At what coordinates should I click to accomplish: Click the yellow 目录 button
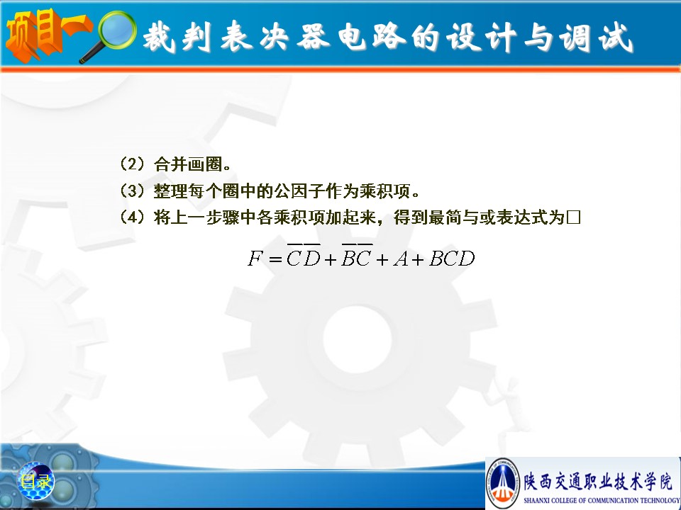pyautogui.click(x=36, y=482)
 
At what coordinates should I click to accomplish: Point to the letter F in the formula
pyautogui.click(x=255, y=259)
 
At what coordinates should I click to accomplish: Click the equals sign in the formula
pyautogui.click(x=275, y=260)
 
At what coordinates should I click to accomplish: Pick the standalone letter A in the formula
pyautogui.click(x=401, y=259)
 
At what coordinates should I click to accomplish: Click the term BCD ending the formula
pyautogui.click(x=452, y=259)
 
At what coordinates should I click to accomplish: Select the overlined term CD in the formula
pyautogui.click(x=303, y=256)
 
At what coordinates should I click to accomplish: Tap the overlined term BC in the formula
pyautogui.click(x=356, y=256)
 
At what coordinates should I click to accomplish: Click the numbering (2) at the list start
pyautogui.click(x=133, y=164)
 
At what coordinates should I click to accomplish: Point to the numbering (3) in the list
pyautogui.click(x=133, y=191)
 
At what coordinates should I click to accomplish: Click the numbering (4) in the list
pyautogui.click(x=133, y=217)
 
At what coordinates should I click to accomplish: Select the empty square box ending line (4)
pyautogui.click(x=573, y=217)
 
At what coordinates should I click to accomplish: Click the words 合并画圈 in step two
pyautogui.click(x=188, y=164)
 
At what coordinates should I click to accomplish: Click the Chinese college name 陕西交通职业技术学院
pyautogui.click(x=598, y=482)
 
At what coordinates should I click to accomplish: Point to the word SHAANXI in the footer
pyautogui.click(x=537, y=501)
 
